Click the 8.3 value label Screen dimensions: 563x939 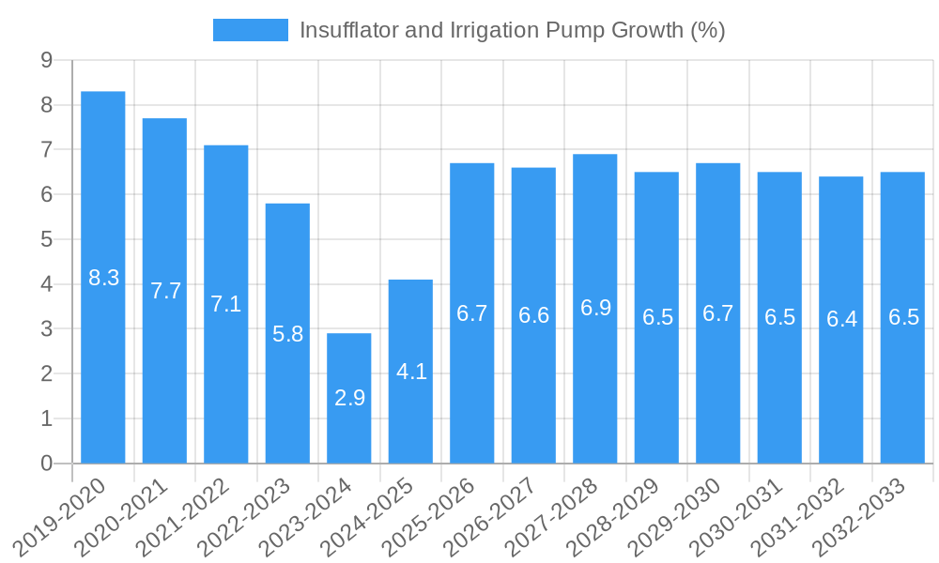click(103, 278)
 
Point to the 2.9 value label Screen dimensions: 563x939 click(349, 398)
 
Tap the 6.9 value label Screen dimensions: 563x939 click(595, 308)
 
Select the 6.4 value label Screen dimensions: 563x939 click(841, 319)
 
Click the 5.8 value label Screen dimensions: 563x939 click(287, 333)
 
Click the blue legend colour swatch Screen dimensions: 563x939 click(250, 30)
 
